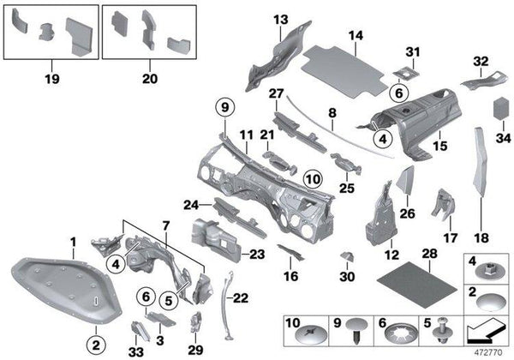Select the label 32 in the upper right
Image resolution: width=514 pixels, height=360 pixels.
pyautogui.click(x=480, y=61)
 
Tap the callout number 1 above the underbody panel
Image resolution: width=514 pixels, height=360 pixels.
pyautogui.click(x=73, y=243)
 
